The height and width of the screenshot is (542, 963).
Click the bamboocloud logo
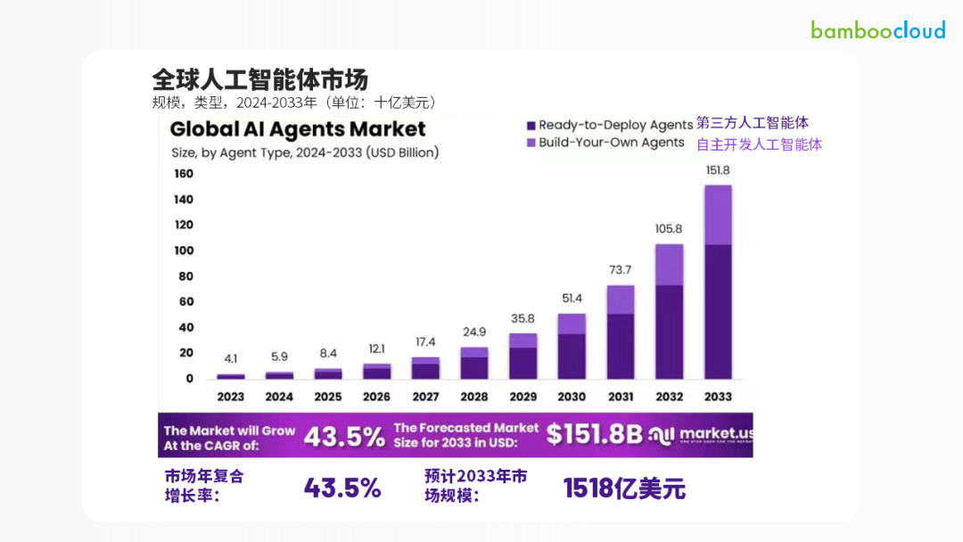877,29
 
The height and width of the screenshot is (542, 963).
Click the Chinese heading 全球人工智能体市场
259,78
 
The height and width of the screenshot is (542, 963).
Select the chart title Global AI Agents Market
298,129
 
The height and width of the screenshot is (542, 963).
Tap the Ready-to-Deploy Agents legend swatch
531,125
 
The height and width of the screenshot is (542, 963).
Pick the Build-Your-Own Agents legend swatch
531,143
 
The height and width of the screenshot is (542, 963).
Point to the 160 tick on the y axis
183,174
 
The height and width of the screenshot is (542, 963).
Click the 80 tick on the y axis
186,276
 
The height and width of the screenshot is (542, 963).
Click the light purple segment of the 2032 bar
669,265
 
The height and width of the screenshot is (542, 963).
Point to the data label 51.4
572,298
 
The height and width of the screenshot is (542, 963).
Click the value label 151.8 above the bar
718,170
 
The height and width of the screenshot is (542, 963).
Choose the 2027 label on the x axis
425,397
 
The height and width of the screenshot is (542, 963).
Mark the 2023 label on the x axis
231,397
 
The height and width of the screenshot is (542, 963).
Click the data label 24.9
474,332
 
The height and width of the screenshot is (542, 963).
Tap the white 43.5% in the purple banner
344,435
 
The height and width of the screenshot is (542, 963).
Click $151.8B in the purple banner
594,434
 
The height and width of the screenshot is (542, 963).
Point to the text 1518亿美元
624,488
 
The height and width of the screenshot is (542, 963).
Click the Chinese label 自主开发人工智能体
759,144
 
